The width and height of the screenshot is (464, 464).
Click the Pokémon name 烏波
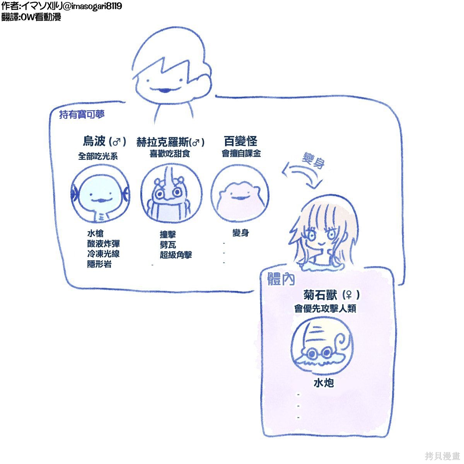coord(94,141)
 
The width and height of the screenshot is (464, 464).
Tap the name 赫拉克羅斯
coord(163,142)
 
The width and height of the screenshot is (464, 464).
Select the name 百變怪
coord(241,141)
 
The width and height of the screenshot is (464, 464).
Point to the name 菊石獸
coord(320,295)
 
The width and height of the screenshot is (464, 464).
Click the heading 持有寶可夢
coord(82,114)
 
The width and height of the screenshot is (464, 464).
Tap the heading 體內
coord(281,279)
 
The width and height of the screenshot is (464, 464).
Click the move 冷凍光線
coord(103,254)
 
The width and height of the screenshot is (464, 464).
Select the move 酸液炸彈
coord(103,244)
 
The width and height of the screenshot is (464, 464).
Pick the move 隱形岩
coord(99,264)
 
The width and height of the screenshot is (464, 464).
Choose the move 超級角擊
coord(176,255)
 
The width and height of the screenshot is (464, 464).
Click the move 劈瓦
coord(168,245)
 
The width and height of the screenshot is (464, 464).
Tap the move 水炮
coord(324,383)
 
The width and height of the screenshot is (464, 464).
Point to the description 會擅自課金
coord(241,154)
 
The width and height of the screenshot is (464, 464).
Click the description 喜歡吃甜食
coord(169,154)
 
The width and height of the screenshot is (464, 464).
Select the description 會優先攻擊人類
coord(325,309)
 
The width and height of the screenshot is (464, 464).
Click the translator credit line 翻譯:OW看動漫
coord(31,17)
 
